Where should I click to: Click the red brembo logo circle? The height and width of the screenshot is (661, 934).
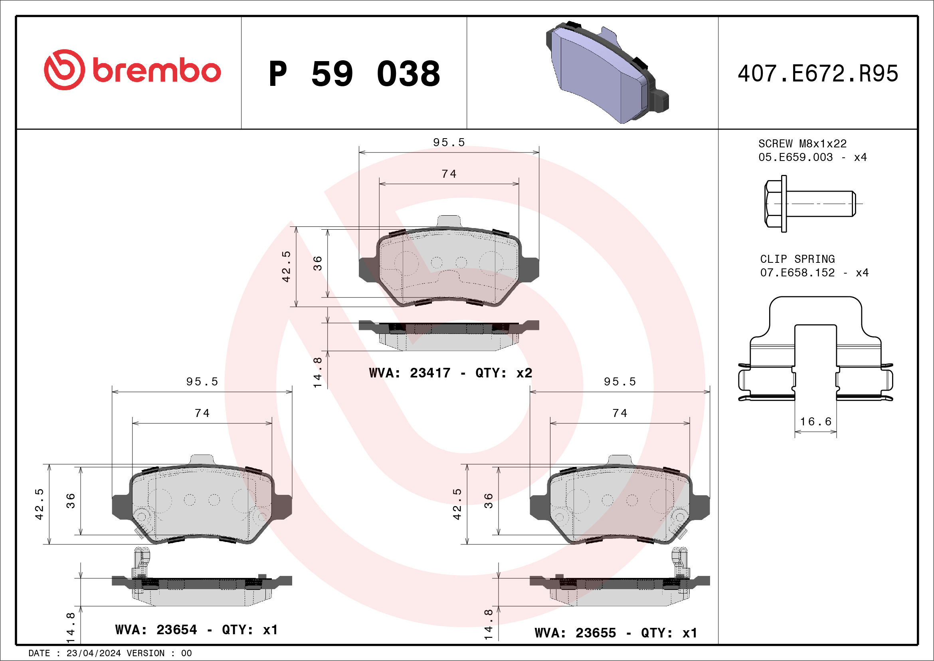64,69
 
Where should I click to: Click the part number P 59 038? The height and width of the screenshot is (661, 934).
354,73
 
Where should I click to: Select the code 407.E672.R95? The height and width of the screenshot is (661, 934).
818,73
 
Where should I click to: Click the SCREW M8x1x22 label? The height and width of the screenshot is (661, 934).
802,144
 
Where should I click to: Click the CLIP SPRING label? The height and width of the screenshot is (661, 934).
797,259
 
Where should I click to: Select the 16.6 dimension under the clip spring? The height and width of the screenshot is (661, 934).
815,422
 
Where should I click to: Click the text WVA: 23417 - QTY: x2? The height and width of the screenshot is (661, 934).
450,373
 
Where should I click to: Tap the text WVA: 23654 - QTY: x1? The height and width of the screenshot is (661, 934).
196,630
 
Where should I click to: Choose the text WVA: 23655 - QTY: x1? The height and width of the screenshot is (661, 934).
615,633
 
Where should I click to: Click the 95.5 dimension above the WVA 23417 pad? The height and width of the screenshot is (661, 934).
449,143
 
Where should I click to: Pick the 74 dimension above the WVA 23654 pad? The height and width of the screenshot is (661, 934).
202,413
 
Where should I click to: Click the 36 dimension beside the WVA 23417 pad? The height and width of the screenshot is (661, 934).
318,263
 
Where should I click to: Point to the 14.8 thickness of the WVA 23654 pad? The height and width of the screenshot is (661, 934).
71,627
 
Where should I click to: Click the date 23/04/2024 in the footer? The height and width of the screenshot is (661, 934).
93,653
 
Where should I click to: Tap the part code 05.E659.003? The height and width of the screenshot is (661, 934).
795,157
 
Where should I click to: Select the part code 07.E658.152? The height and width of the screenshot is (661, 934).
797,273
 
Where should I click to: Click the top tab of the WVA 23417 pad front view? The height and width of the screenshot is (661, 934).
449,220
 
